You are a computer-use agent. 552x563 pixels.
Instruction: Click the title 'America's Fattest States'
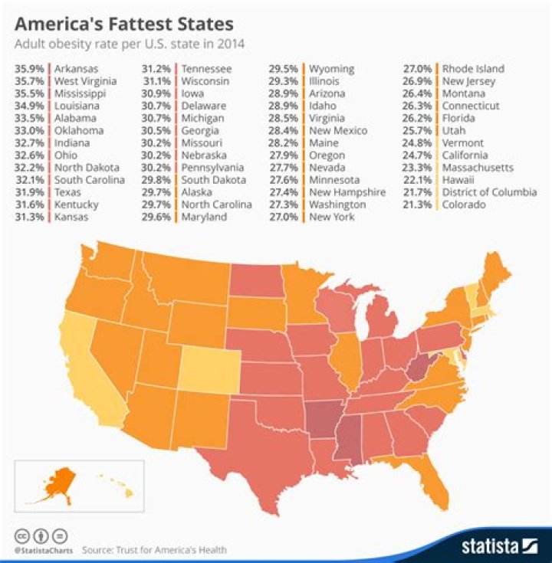point(123,25)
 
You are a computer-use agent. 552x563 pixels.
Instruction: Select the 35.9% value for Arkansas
point(29,69)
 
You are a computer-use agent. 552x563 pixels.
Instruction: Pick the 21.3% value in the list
point(419,205)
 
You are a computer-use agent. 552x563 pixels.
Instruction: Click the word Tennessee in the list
point(206,69)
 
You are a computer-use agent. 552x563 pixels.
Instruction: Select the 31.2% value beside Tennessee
point(156,69)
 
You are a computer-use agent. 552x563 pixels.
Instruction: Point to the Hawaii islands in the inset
point(113,483)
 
